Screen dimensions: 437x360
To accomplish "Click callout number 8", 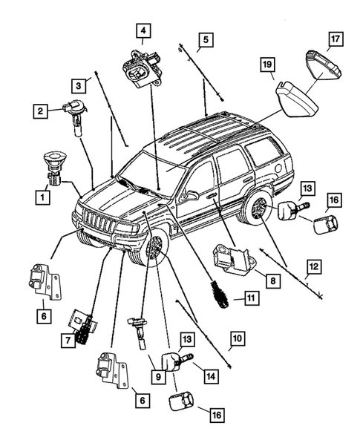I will point(274,282).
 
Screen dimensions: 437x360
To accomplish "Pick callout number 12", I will point(314,265).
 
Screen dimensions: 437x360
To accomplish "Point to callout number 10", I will point(236,342).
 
